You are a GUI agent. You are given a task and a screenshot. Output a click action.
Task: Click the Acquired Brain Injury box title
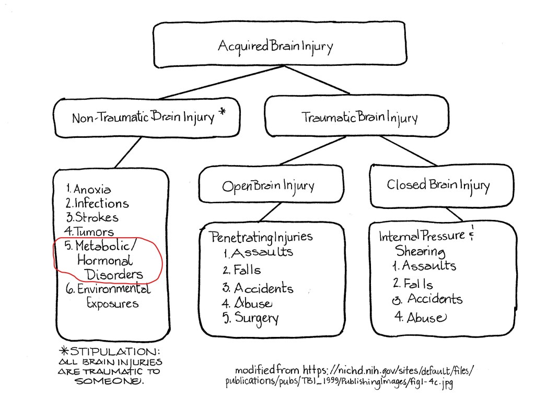[x=275, y=46]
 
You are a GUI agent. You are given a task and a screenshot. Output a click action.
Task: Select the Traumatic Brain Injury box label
[x=359, y=117]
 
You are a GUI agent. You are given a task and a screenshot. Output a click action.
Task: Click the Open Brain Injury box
[x=268, y=185]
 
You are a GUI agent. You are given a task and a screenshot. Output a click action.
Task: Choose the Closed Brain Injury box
[x=438, y=184]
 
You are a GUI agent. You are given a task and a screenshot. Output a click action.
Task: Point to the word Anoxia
[x=92, y=190]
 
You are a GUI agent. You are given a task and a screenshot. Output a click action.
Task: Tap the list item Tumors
[x=95, y=231]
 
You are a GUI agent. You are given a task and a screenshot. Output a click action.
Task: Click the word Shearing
[x=420, y=251]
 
